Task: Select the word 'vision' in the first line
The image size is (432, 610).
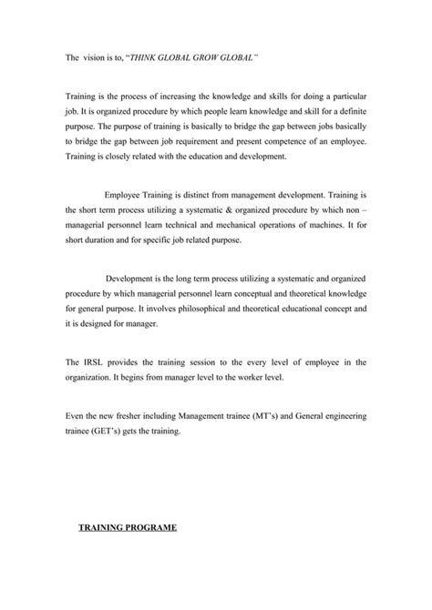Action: [x=96, y=56]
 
